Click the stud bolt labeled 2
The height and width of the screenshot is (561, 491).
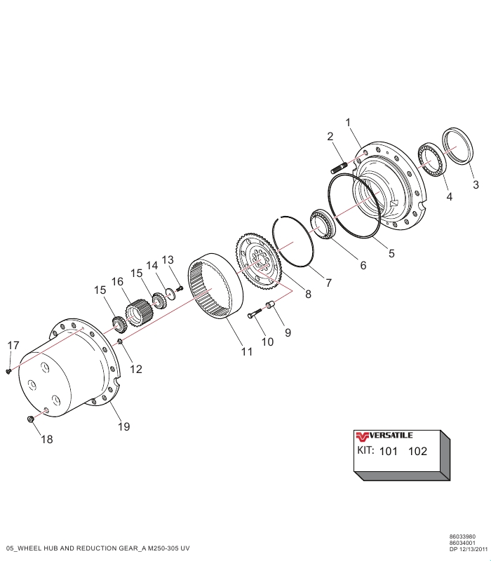pyautogui.click(x=339, y=168)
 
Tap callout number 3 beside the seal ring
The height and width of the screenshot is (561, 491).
pyautogui.click(x=476, y=185)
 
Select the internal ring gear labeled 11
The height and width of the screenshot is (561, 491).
pyautogui.click(x=216, y=286)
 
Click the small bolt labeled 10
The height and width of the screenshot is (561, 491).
pyautogui.click(x=255, y=313)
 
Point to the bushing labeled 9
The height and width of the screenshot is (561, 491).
pyautogui.click(x=269, y=306)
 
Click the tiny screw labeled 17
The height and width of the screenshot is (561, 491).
pyautogui.click(x=8, y=372)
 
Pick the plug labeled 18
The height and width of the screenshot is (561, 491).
pyautogui.click(x=30, y=419)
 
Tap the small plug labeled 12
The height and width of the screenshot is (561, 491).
pyautogui.click(x=120, y=342)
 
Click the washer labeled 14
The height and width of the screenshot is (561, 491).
pyautogui.click(x=170, y=293)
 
